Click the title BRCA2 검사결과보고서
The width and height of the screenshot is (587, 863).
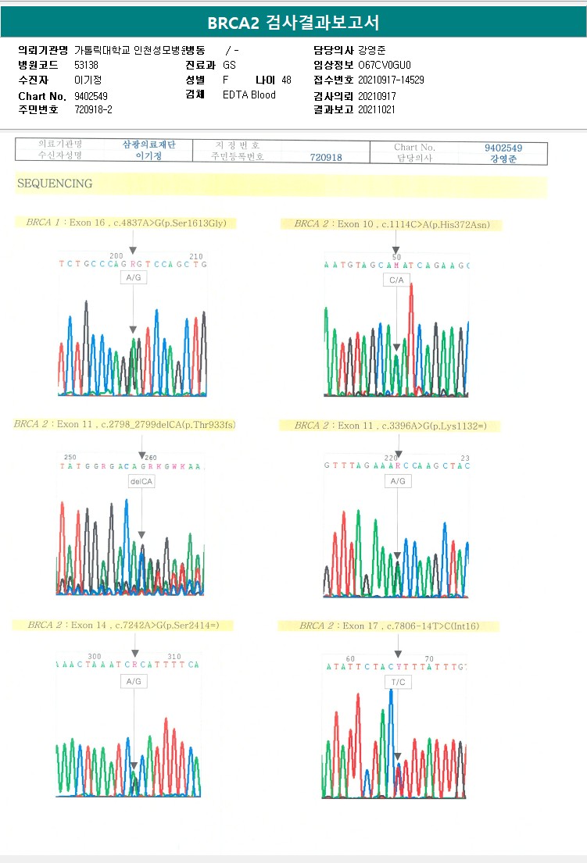293,23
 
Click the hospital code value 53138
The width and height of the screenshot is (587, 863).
86,65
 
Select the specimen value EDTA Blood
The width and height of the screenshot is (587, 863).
249,95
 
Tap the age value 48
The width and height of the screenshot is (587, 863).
286,80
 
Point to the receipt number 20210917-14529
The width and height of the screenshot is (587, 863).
391,80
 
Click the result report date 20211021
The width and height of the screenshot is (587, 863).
377,109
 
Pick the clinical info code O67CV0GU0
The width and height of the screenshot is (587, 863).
384,65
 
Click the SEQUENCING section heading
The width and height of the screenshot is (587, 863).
54,184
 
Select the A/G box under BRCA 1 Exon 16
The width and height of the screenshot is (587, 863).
133,276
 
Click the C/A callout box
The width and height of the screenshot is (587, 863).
396,280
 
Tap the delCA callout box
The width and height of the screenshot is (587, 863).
141,482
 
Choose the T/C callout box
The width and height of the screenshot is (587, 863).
397,682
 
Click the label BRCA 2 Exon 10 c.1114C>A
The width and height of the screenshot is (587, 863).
392,225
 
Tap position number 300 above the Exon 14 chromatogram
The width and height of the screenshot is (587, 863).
95,657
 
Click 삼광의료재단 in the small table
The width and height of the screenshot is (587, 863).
149,145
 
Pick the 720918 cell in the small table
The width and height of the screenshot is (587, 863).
326,157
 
